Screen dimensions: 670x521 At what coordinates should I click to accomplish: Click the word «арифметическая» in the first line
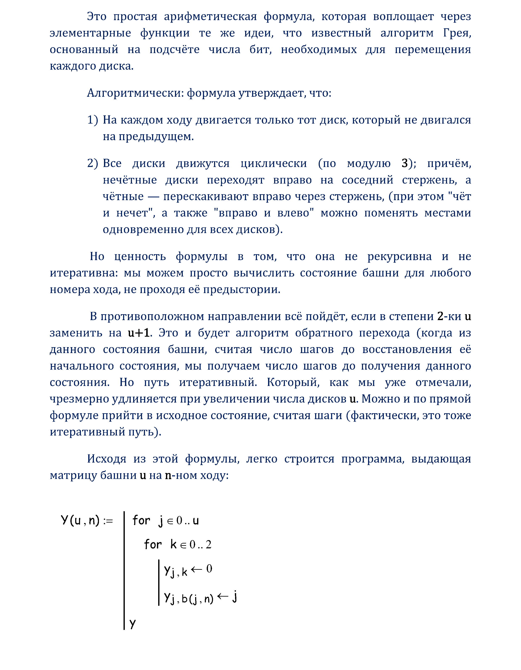point(210,16)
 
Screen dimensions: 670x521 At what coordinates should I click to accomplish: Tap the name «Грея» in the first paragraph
point(457,33)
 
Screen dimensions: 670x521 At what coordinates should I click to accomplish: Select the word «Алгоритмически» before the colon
point(135,93)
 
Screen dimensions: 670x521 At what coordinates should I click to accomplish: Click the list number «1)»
point(92,120)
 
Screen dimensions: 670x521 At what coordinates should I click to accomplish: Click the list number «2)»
point(92,163)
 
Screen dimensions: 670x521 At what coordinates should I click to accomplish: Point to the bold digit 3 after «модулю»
point(405,163)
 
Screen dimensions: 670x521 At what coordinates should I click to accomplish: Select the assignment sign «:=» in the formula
point(108,521)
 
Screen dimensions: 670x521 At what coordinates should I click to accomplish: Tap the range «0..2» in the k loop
point(200,545)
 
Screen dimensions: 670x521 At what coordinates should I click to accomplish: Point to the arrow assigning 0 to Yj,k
point(197,569)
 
